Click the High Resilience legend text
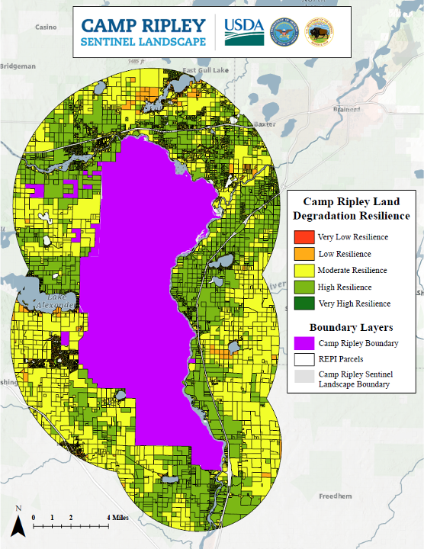tap(345, 287)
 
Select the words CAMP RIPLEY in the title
tap(144, 24)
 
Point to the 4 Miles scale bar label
tap(118, 517)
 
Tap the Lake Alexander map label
tap(55, 300)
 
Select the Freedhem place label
tap(334, 496)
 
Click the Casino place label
tap(46, 27)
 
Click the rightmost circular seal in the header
tap(318, 34)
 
